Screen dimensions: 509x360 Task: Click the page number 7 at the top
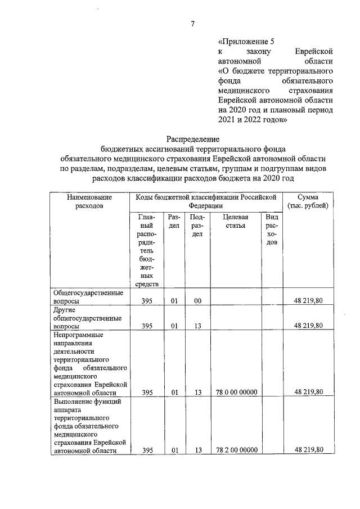coord(192,23)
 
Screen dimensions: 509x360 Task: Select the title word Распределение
coord(192,138)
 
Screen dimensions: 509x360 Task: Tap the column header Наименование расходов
coord(89,201)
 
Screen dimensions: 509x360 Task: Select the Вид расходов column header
coord(272,229)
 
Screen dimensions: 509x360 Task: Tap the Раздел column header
coord(174,220)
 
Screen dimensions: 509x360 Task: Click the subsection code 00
coord(197,301)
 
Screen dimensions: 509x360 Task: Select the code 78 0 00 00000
coord(236,392)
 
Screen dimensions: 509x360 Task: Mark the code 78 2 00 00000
coord(236,450)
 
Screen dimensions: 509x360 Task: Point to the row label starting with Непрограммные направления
coord(89,363)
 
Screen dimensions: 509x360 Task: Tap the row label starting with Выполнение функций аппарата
coord(89,425)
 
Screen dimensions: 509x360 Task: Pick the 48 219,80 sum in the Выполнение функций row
coord(308,450)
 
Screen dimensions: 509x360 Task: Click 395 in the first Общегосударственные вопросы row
coord(147,301)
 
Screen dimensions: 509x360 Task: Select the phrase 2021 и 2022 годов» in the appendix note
coord(253,120)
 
